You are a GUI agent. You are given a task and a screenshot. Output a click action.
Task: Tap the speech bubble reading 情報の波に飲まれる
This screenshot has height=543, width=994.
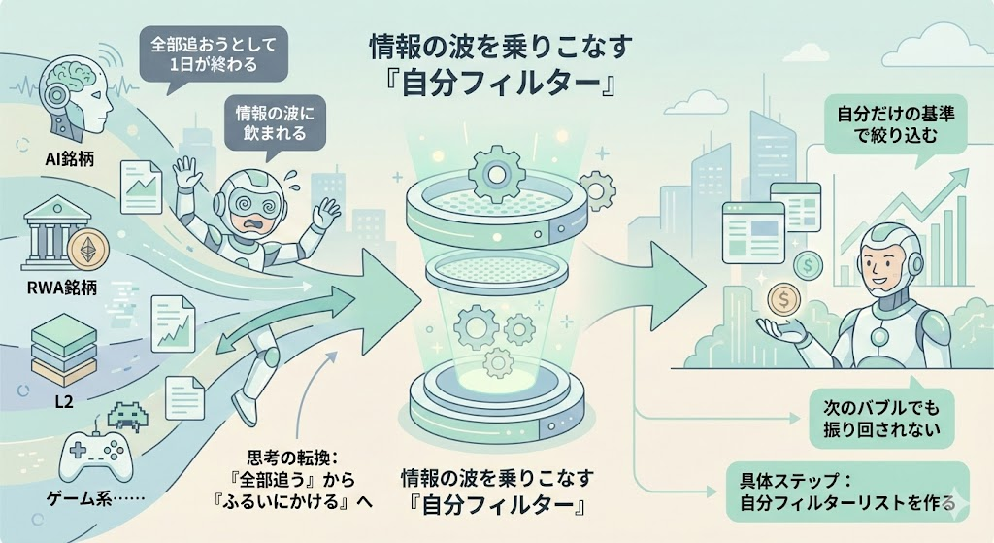(x=271, y=122)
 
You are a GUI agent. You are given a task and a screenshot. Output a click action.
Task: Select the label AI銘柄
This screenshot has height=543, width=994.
(x=59, y=159)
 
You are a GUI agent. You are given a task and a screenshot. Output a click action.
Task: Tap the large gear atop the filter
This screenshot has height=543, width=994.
(x=496, y=173)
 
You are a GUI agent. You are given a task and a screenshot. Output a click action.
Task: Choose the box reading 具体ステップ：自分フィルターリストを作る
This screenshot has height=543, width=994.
(x=847, y=492)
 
